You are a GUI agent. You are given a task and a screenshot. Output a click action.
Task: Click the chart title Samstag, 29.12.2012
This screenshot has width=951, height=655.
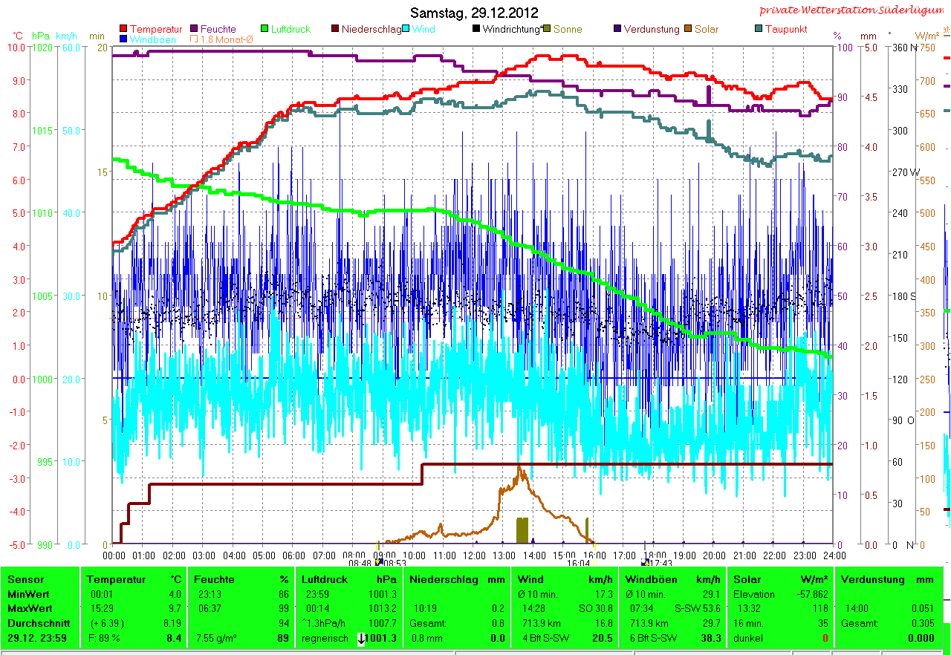[x=474, y=13]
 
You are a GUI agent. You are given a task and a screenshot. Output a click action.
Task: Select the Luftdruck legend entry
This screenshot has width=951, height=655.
[x=285, y=29]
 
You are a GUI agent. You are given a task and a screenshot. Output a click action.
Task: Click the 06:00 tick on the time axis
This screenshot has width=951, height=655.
[x=293, y=555]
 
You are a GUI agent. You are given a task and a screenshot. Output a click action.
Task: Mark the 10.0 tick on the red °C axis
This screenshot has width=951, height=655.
[x=18, y=47]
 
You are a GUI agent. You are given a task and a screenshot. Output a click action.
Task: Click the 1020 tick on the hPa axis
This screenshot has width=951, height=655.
[x=43, y=47]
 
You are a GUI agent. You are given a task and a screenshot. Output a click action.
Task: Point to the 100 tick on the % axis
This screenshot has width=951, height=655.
[x=843, y=47]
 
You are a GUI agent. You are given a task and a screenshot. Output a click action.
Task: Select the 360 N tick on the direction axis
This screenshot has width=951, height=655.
[x=900, y=47]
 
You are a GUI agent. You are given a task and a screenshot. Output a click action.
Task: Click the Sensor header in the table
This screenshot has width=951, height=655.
[x=26, y=579]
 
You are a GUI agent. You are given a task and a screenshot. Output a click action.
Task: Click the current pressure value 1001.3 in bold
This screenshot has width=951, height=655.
[x=380, y=638]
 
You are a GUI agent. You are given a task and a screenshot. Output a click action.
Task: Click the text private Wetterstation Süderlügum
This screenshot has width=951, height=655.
[x=854, y=10]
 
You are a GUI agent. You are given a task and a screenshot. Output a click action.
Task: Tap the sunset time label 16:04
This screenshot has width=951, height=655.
[x=578, y=564]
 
